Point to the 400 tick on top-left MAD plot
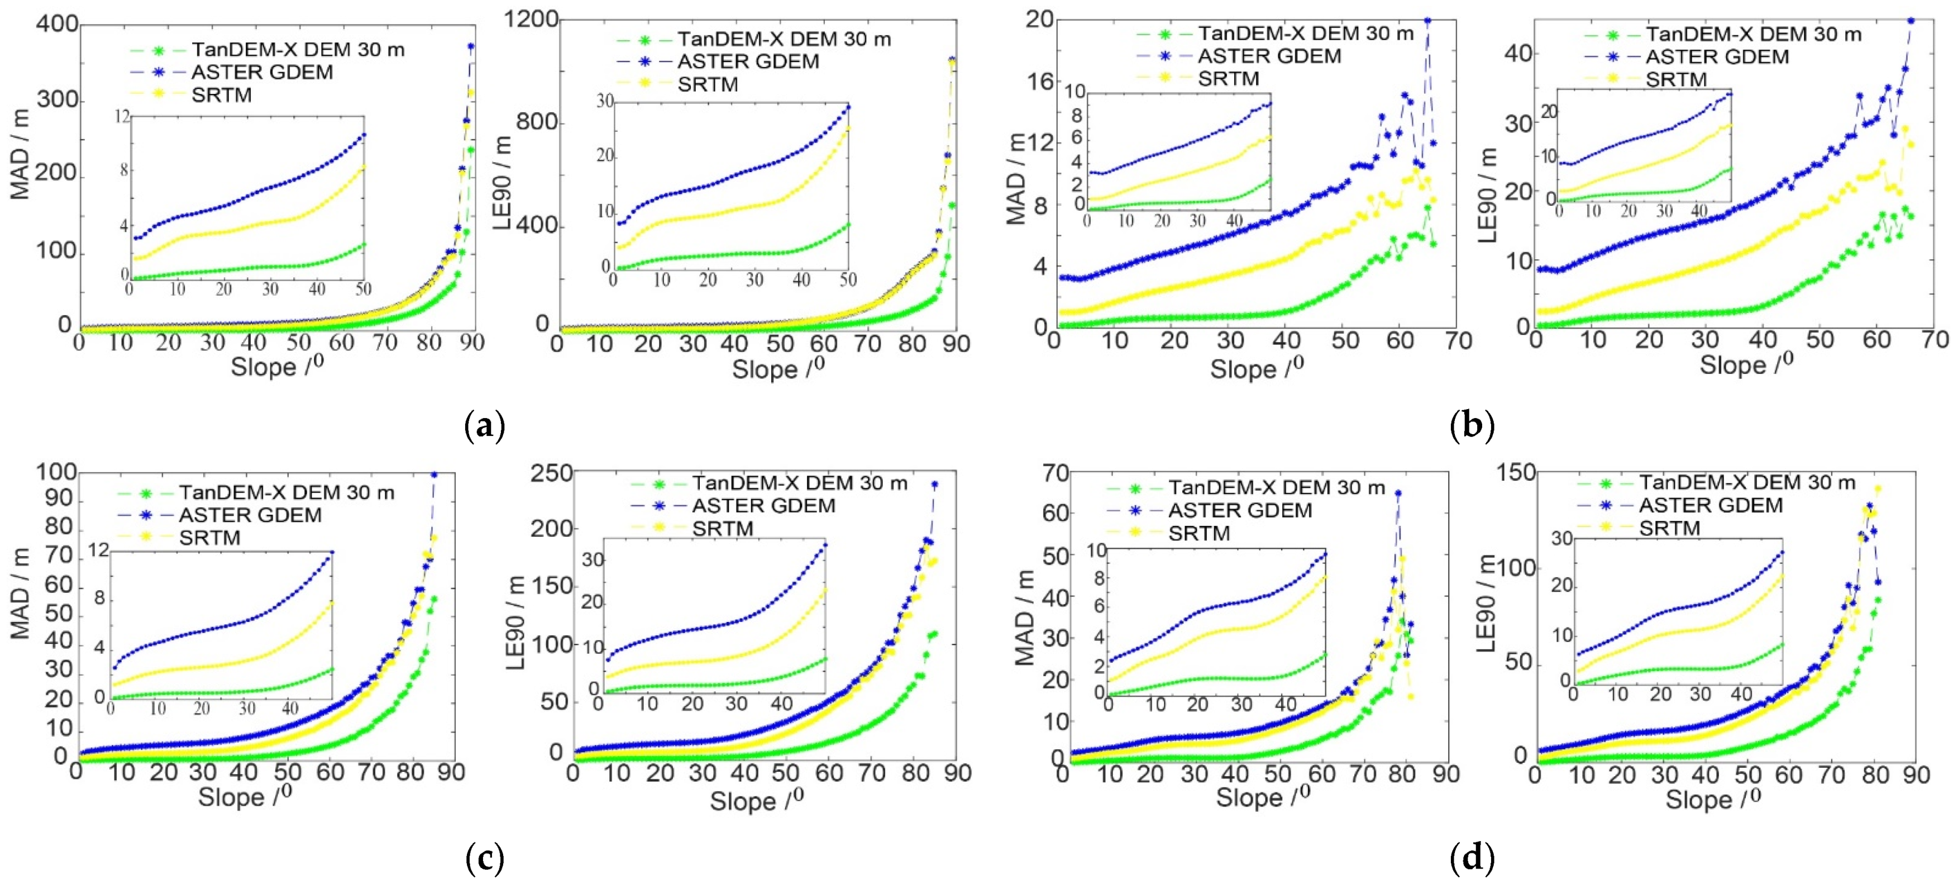(x=57, y=25)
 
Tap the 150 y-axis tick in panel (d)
(x=1516, y=473)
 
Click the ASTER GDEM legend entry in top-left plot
(x=261, y=72)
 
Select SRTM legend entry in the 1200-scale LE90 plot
(x=707, y=84)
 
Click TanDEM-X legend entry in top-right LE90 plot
(x=1754, y=34)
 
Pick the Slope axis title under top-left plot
(x=276, y=367)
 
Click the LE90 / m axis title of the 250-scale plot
(x=516, y=624)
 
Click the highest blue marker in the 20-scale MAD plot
(x=1427, y=21)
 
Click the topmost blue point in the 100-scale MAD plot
(x=434, y=474)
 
